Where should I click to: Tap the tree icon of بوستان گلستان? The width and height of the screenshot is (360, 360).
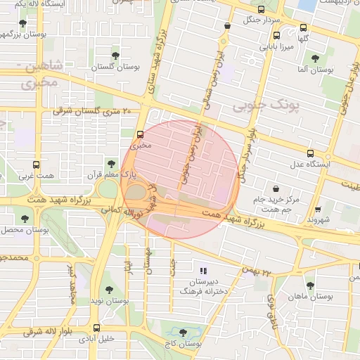click(x=115, y=55)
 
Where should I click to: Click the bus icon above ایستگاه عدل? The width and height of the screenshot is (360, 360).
click(x=310, y=153)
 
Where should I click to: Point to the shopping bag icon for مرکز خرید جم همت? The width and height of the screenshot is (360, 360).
click(x=275, y=188)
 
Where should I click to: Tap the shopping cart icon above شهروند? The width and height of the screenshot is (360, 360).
click(x=318, y=208)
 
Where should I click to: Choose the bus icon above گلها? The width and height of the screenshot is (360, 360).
click(x=303, y=28)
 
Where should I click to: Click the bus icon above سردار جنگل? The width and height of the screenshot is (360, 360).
click(x=262, y=10)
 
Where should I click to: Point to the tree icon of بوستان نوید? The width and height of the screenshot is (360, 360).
click(x=108, y=289)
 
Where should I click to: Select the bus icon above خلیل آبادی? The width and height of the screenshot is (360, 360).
click(x=96, y=327)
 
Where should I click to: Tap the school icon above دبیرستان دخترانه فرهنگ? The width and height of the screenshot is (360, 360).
click(x=204, y=270)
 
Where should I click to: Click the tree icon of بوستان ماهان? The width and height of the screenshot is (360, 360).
click(x=310, y=285)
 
